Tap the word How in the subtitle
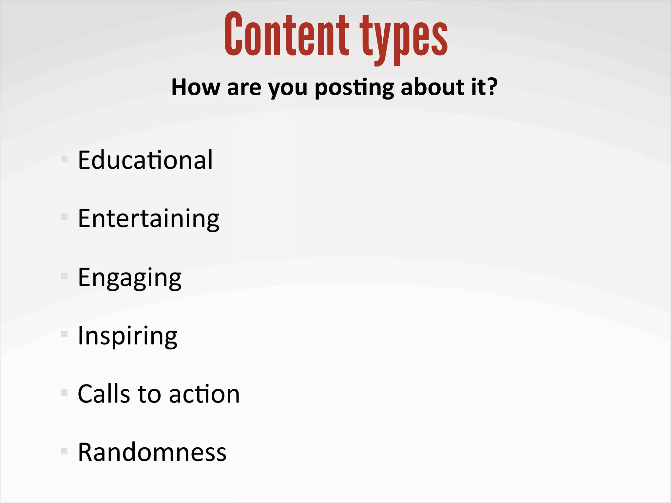coord(196,87)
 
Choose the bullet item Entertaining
coord(148,218)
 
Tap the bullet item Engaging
coord(129,278)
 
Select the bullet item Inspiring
coord(127,336)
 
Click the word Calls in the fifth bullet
coord(104,394)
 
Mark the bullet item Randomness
coord(152,452)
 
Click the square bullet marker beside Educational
coord(64,159)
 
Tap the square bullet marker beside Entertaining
coord(64,217)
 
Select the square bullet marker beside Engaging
coord(64,276)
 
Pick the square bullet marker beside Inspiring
coord(64,334)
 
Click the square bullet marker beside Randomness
coord(64,451)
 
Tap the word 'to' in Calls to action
coord(149,394)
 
